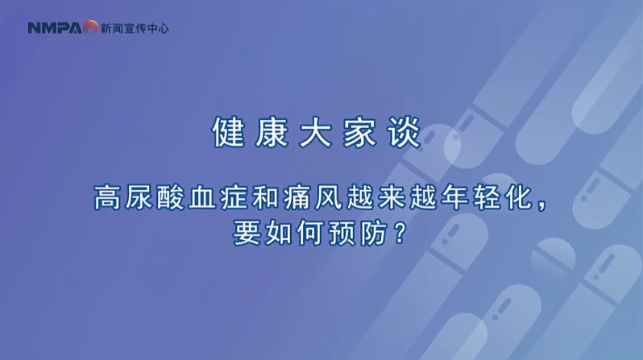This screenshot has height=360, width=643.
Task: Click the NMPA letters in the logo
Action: tap(56, 28)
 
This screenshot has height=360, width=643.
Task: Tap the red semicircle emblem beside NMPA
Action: tap(90, 27)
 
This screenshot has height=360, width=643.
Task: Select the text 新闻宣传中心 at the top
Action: tap(135, 28)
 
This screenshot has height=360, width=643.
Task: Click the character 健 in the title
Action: tap(228, 132)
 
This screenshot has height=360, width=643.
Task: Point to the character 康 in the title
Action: tap(272, 132)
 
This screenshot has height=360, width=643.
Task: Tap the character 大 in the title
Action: tap(315, 132)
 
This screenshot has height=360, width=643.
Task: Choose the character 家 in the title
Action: tap(359, 132)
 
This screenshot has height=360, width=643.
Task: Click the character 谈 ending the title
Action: tap(404, 132)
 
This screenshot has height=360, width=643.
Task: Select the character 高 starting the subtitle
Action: tap(107, 197)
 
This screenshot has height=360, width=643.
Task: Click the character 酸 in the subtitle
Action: tap(170, 197)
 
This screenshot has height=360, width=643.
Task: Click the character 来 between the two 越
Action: tap(392, 197)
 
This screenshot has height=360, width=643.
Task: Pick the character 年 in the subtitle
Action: tap(455, 197)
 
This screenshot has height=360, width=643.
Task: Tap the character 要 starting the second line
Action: tap(247, 234)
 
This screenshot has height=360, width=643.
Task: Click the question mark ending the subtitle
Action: tap(399, 234)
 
